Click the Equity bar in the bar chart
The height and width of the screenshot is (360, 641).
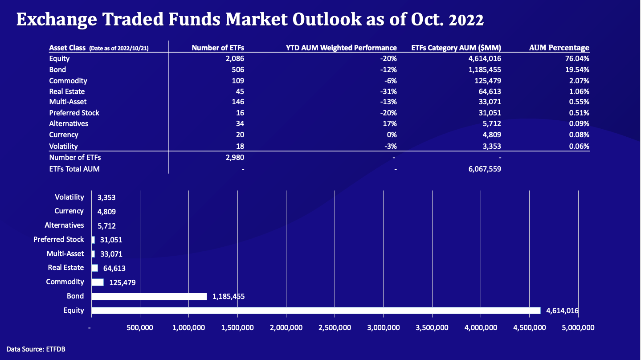coord(315,311)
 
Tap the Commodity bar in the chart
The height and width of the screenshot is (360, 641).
coord(98,282)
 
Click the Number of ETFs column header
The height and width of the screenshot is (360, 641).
coord(218,48)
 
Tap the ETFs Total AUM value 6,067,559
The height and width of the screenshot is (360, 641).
coord(482,169)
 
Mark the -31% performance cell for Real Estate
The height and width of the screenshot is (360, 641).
coord(388,91)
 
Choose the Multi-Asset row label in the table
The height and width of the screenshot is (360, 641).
coord(68,102)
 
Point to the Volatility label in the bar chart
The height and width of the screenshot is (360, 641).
coord(69,197)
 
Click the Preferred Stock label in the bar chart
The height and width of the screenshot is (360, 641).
coord(58,239)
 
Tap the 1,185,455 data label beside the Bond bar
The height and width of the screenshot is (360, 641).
coord(229,296)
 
